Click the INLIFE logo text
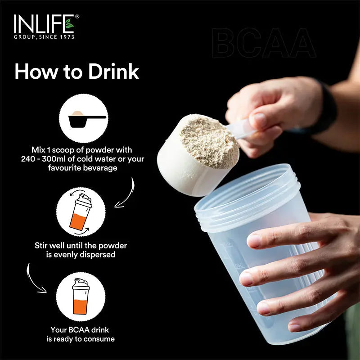[x=40, y=24]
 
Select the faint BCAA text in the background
[x=263, y=44]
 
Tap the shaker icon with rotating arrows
[x=81, y=212]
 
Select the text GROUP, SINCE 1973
[x=44, y=37]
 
